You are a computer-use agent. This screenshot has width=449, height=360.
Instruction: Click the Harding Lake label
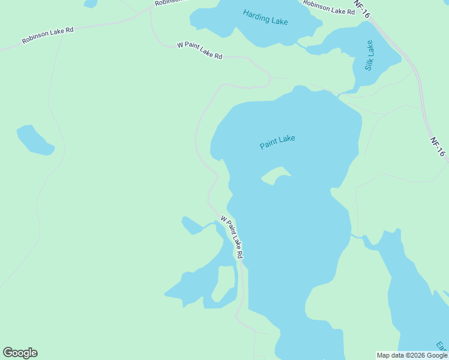[x=265, y=17]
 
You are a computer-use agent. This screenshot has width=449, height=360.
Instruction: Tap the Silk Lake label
[x=369, y=55]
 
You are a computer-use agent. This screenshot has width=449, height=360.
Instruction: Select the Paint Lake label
[x=277, y=142]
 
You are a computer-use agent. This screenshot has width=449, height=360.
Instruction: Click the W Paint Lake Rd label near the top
[x=200, y=51]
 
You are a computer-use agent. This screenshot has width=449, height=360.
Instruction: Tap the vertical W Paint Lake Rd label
[x=232, y=237]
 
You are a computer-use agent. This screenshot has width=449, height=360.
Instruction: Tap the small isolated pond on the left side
[x=35, y=140]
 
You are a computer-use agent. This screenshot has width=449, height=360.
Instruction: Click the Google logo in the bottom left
[x=20, y=353]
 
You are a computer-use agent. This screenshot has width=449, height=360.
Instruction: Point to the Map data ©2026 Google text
[x=412, y=355]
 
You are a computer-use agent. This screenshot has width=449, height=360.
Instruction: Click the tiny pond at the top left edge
[x=91, y=3]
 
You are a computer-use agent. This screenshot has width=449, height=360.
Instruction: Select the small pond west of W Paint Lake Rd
[x=192, y=225]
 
